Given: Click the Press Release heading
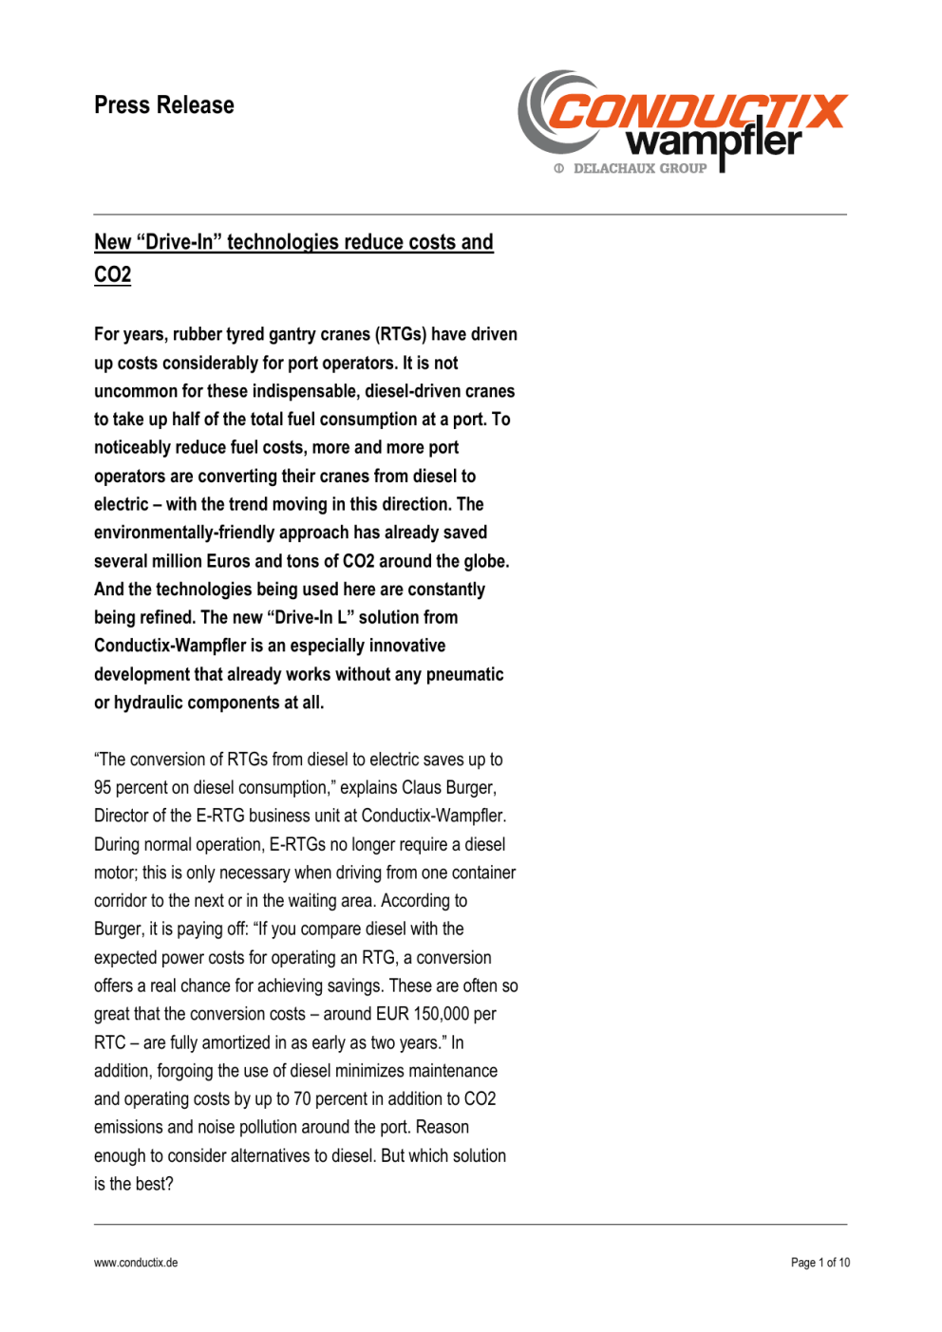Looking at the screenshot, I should pos(163,105).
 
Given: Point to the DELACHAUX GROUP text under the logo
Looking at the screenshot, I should pos(639,169).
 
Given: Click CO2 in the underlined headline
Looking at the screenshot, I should pos(112,274).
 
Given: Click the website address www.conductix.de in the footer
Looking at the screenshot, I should pos(136,1263).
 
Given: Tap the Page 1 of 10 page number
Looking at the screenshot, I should pos(820,1263).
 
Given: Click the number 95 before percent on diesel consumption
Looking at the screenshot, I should pos(103,788).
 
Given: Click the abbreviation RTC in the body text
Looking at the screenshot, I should pos(109,1042).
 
